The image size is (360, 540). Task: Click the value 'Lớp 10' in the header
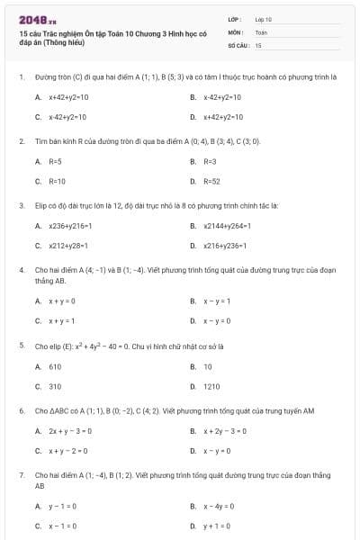[x=264, y=19]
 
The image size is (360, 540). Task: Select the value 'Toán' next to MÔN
[x=261, y=31]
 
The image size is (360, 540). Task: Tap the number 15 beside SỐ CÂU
[x=258, y=44]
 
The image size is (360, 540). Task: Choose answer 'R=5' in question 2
[x=55, y=162]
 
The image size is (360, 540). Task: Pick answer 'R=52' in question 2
[x=211, y=182]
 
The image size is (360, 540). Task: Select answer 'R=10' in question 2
[x=57, y=182]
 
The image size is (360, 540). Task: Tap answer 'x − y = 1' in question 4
[x=217, y=301]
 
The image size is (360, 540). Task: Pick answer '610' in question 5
[x=55, y=366]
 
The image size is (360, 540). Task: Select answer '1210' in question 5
[x=211, y=386]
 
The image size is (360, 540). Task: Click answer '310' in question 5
[x=55, y=386]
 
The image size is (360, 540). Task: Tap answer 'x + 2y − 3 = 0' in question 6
[x=224, y=431]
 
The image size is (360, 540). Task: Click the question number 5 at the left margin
[x=22, y=345]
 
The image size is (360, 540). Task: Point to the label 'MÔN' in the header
[x=236, y=31]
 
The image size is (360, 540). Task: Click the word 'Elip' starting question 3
[x=40, y=205]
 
